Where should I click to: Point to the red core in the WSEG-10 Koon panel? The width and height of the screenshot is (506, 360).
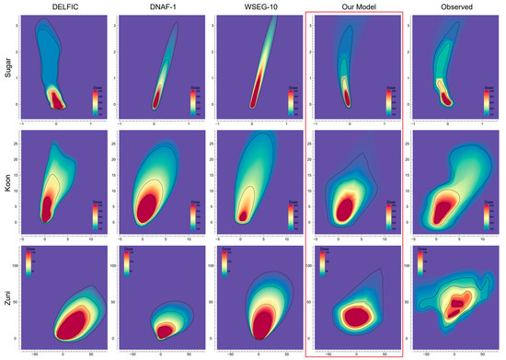click(x=243, y=215)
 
